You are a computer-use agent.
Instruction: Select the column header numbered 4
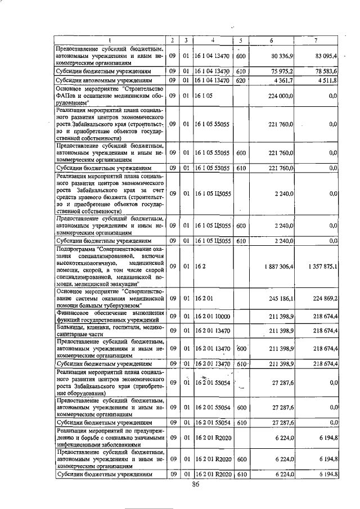tap(213, 40)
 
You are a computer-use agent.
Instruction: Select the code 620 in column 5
tap(241, 81)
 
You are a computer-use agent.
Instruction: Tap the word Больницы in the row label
tap(69, 328)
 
